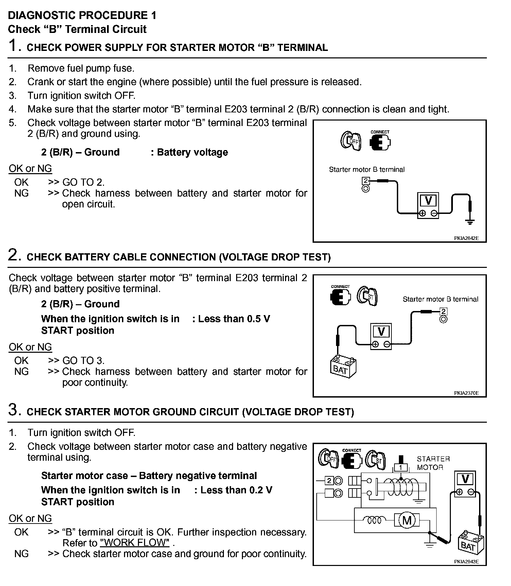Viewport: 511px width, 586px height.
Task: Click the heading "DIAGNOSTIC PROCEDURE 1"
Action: (x=82, y=15)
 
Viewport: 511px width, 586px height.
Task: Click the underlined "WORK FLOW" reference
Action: (x=135, y=543)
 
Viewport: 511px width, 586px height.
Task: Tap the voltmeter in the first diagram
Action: (x=428, y=206)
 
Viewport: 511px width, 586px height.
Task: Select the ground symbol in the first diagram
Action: (x=470, y=222)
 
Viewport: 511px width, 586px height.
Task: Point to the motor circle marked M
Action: (x=407, y=520)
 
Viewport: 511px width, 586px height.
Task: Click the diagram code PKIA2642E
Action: (x=466, y=238)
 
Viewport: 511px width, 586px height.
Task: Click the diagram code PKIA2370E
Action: (x=466, y=393)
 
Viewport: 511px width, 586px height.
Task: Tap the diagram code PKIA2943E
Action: (x=466, y=562)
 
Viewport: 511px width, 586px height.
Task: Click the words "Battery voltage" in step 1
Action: (x=192, y=152)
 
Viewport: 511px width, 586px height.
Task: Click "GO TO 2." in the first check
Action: (x=83, y=182)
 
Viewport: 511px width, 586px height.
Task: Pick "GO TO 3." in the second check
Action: (x=83, y=361)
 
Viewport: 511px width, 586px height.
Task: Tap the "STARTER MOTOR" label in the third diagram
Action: (x=433, y=463)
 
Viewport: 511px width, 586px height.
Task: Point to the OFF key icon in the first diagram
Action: (x=351, y=141)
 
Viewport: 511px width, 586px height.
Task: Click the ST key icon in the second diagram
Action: (x=367, y=296)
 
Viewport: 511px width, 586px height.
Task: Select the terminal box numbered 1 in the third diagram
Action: (x=401, y=468)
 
